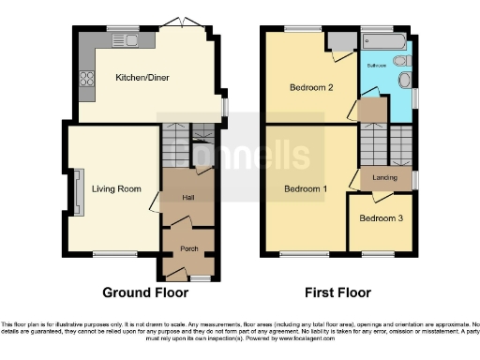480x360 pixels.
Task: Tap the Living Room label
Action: click(116, 188)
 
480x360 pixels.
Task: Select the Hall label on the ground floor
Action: click(187, 197)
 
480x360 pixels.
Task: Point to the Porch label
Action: click(187, 249)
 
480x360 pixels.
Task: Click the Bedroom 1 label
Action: click(307, 188)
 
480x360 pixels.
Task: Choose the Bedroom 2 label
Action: click(310, 89)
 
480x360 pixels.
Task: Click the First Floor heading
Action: click(335, 292)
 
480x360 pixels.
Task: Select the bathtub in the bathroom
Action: click(384, 42)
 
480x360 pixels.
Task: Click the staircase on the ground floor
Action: click(174, 147)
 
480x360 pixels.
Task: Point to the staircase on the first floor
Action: click(373, 145)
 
